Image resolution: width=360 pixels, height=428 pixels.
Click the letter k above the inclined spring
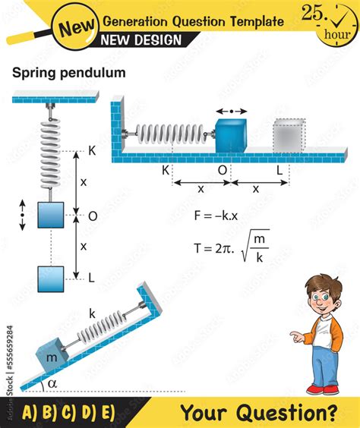(93, 313)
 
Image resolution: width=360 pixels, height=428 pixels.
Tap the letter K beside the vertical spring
(91, 152)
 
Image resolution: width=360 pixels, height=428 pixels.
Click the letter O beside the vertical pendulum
(92, 216)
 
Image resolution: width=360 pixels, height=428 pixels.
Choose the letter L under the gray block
(279, 171)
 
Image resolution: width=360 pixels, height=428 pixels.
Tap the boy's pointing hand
(292, 335)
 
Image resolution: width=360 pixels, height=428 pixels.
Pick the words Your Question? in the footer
(258, 413)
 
